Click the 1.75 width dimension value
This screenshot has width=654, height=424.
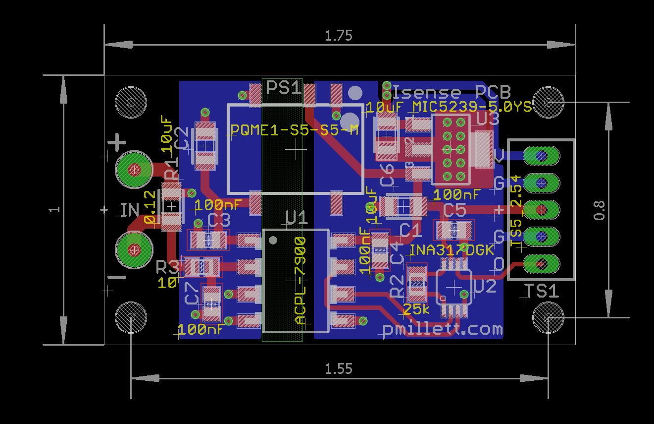coord(338,36)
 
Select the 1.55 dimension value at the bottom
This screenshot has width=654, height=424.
coord(338,369)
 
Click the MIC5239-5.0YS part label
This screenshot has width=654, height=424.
coord(472,107)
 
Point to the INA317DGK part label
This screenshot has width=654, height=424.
coord(452,250)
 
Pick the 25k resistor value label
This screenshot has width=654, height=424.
coord(416,310)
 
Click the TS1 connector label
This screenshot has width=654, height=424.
coord(541,291)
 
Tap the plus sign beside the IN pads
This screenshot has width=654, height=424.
coord(117,143)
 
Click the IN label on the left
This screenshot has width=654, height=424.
coord(130,210)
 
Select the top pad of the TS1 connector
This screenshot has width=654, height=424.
coord(541,156)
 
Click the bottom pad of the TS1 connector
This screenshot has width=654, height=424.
coord(541,262)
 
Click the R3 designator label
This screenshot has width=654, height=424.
coord(168,268)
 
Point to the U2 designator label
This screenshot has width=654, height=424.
coord(485,286)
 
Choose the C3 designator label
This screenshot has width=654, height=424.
coord(219,220)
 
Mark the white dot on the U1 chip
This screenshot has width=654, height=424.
coord(273,241)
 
